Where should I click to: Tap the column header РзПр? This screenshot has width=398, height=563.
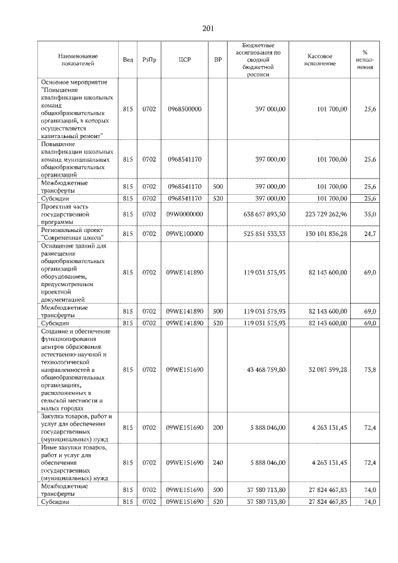[149, 60]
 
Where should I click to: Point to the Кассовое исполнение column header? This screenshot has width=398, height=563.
[320, 60]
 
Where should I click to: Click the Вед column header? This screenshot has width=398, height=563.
[127, 60]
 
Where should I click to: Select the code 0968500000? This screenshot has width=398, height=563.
[184, 109]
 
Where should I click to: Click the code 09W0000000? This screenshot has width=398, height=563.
[184, 214]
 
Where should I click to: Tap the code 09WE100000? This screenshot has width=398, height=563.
[184, 233]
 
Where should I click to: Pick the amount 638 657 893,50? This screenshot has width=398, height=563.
[266, 214]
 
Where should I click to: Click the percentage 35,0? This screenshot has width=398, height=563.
[369, 214]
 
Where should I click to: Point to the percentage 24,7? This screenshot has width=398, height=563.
[369, 233]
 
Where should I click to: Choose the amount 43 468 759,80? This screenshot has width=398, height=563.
[266, 370]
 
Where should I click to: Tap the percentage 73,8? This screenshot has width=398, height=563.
[369, 370]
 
